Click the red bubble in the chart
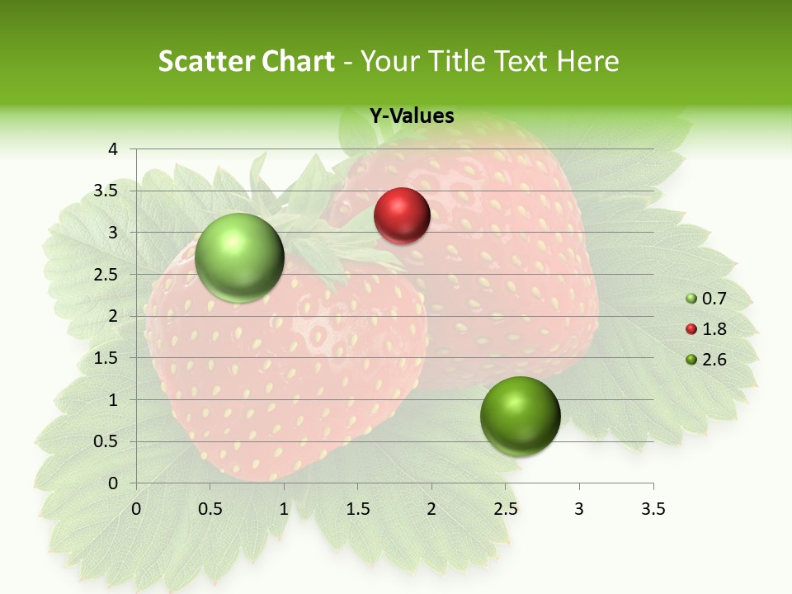point(402,216)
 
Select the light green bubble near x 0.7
point(239,257)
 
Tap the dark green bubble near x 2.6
point(520,416)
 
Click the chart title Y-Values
point(411,116)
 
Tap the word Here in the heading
point(588,61)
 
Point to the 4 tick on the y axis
point(114,149)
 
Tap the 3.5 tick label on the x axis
point(653,509)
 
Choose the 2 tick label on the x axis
point(431,509)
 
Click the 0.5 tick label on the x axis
point(210,509)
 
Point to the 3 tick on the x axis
point(578,509)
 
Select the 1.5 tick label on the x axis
point(357,509)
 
